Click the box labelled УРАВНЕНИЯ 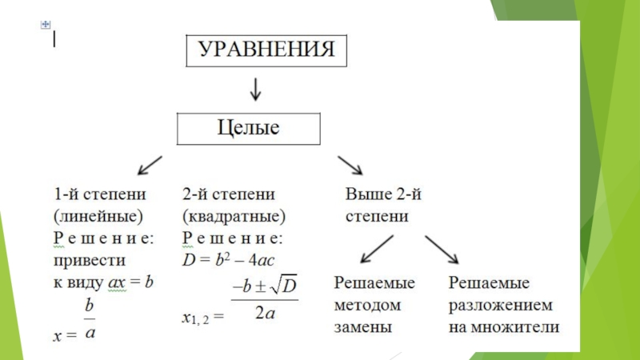(266, 50)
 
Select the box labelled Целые (248, 127)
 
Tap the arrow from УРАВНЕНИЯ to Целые (255, 89)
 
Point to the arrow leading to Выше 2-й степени (350, 164)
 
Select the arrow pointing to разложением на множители (442, 249)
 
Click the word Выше (363, 194)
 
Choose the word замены (362, 326)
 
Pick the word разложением (499, 305)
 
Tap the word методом (366, 305)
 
